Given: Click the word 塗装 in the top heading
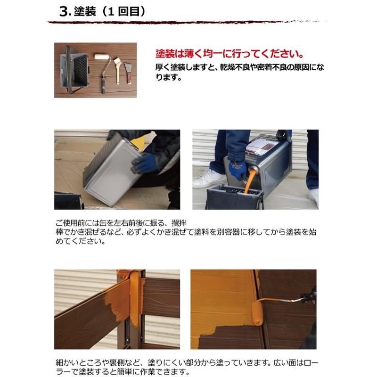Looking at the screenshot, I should [x=85, y=12].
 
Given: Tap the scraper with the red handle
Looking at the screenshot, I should [x=128, y=71].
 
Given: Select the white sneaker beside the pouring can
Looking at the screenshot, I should [x=209, y=179].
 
